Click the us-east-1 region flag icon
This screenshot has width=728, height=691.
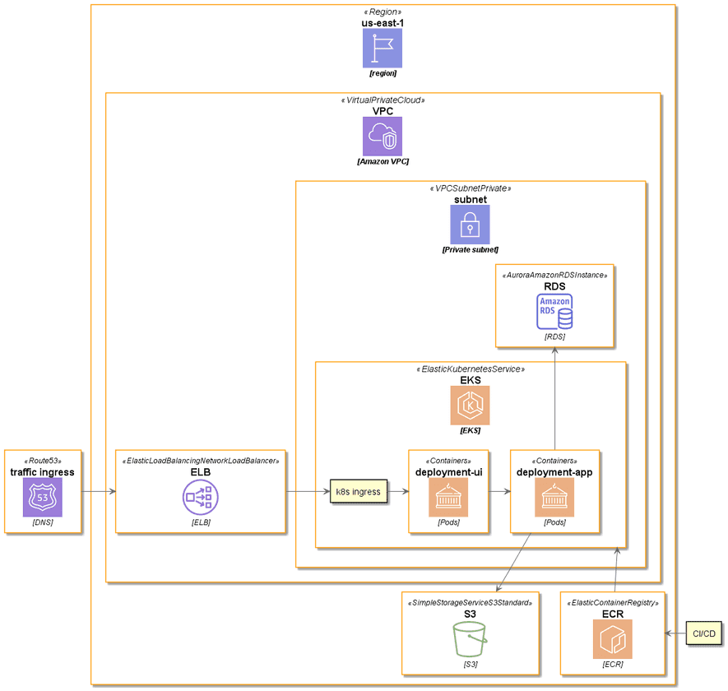tap(383, 49)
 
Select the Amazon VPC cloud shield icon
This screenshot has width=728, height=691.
tap(383, 136)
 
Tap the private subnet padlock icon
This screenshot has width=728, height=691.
tap(470, 225)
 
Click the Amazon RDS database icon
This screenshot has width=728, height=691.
tap(554, 312)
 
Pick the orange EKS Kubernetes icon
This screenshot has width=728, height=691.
tap(470, 406)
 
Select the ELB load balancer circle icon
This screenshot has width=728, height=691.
tap(201, 498)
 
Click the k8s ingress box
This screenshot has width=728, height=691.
tap(359, 492)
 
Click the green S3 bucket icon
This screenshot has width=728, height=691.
tap(470, 639)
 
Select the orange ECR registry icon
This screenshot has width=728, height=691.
tap(613, 639)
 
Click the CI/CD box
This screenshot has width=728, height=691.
tap(703, 633)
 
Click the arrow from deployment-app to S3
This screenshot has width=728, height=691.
tap(513, 562)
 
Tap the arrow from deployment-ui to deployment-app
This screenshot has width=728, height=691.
tap(499, 492)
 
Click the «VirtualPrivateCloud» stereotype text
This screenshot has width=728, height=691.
tap(383, 100)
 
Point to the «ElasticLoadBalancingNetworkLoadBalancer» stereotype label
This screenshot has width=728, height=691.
tap(201, 461)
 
